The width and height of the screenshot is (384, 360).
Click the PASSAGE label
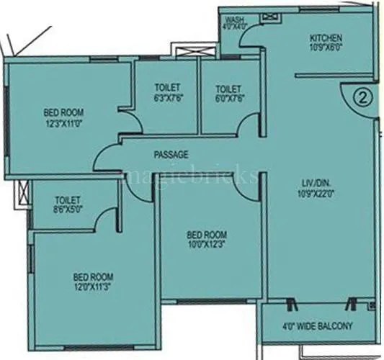click(x=171, y=154)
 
